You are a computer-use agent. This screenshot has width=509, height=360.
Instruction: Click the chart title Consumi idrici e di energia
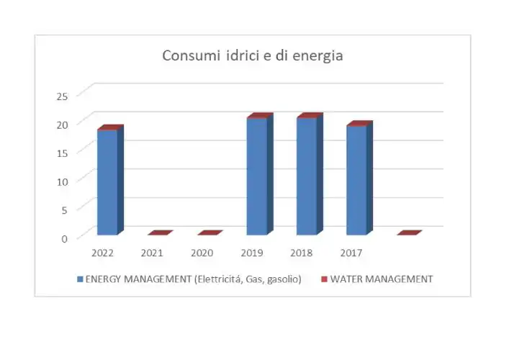(x=253, y=56)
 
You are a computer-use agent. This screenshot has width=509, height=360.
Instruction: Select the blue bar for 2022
(x=107, y=182)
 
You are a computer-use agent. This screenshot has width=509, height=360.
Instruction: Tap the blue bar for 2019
(x=257, y=176)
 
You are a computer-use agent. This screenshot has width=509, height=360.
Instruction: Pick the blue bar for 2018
(x=307, y=176)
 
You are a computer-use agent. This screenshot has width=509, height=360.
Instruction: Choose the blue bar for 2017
(x=356, y=180)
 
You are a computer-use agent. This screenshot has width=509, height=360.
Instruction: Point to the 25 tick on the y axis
(x=62, y=95)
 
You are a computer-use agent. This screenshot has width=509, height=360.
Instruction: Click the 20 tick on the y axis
(x=62, y=124)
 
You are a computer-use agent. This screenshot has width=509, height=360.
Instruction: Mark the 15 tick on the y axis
(x=62, y=152)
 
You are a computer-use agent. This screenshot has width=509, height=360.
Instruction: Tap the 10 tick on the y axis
(x=62, y=181)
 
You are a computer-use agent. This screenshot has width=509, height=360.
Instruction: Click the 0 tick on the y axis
(x=64, y=238)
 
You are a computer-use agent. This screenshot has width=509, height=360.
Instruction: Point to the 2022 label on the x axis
(x=102, y=253)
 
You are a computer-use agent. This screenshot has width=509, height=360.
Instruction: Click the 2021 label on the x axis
(x=152, y=253)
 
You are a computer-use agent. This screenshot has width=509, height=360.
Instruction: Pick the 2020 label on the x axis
(x=202, y=253)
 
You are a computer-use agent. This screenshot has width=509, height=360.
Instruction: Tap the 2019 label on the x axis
(x=251, y=253)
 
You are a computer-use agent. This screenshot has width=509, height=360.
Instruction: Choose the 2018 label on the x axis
(x=301, y=253)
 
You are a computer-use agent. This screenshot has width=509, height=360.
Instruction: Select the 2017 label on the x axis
(x=351, y=253)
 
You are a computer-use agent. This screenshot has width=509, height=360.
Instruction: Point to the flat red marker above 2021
(x=160, y=233)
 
